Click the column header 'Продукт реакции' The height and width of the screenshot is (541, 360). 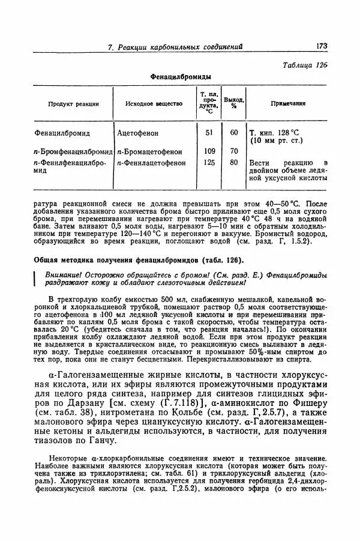74,104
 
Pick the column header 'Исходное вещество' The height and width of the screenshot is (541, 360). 154,104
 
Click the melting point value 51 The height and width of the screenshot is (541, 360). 209,133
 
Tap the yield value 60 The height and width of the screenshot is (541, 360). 234,133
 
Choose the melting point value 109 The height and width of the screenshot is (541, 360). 209,151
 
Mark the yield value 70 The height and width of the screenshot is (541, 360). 234,151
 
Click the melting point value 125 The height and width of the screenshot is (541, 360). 209,162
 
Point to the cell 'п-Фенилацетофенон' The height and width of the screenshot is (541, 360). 151,162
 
